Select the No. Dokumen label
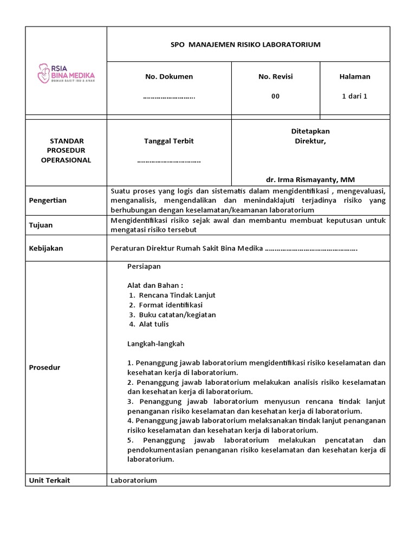(x=169, y=77)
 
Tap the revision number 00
(x=276, y=96)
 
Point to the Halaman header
(x=355, y=77)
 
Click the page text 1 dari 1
(x=355, y=96)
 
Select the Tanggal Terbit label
(x=169, y=141)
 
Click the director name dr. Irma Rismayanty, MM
(x=310, y=179)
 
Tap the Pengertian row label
(x=48, y=201)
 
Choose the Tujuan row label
(x=41, y=225)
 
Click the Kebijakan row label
(x=46, y=248)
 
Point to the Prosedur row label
(x=44, y=367)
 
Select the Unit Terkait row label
(x=50, y=480)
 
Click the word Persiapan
(x=144, y=267)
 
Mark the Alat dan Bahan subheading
(x=155, y=286)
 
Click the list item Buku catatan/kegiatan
(x=178, y=315)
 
